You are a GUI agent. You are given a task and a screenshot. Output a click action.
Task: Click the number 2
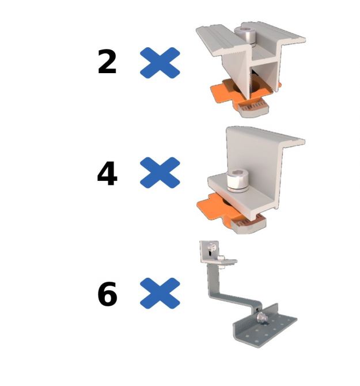pos(107,61)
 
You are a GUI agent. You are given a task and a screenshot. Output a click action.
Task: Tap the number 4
pos(107,173)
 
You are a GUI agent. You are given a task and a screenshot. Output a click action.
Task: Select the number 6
pos(107,294)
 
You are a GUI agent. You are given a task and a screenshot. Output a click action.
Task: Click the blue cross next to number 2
pos(160,63)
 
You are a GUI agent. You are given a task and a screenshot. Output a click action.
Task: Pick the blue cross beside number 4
pos(160,173)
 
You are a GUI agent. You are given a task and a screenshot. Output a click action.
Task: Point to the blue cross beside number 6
pos(160,293)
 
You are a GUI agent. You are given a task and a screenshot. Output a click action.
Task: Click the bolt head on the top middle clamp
pos(245,35)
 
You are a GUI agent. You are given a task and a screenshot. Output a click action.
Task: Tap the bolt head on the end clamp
pos(237,181)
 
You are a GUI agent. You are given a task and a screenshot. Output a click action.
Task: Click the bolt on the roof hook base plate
pos(262,317)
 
